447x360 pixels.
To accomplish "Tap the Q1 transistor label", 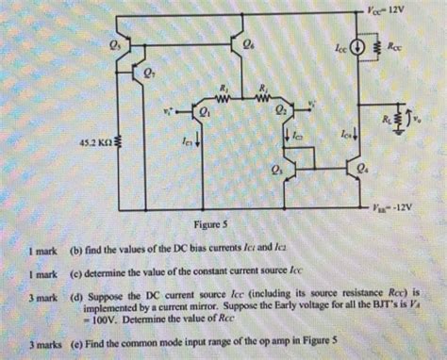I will click(205, 111).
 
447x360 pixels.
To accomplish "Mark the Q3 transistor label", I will click(275, 172).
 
